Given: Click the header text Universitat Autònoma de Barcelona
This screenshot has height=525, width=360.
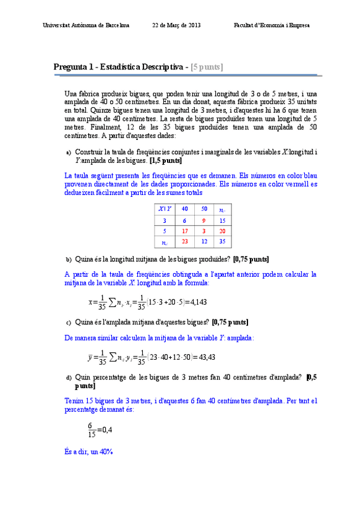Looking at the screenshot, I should [86, 25].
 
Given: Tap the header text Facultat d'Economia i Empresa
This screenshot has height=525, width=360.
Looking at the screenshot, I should [272, 25].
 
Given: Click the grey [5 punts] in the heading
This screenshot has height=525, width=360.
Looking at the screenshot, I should [207, 67].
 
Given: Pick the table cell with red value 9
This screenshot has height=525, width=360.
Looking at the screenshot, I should [204, 220].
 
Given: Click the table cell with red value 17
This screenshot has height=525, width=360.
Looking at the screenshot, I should [184, 231].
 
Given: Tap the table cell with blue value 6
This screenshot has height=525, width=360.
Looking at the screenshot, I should [184, 220].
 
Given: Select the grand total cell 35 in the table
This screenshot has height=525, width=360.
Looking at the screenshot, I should [222, 242].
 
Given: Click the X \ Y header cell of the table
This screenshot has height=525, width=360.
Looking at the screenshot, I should [165, 209].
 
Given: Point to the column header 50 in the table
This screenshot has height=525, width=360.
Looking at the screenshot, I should [204, 209].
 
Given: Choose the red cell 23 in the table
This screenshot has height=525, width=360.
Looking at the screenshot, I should [184, 242].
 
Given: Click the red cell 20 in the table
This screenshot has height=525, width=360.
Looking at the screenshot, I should [222, 231].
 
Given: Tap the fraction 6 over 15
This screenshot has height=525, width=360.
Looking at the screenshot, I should [92, 428].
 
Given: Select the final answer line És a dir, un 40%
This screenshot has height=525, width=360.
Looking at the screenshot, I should [88, 452].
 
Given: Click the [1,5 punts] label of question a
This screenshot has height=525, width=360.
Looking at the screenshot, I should [165, 160].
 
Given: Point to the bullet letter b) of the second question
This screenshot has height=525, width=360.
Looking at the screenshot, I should [69, 259].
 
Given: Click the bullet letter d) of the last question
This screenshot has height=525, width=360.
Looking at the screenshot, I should [69, 377].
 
